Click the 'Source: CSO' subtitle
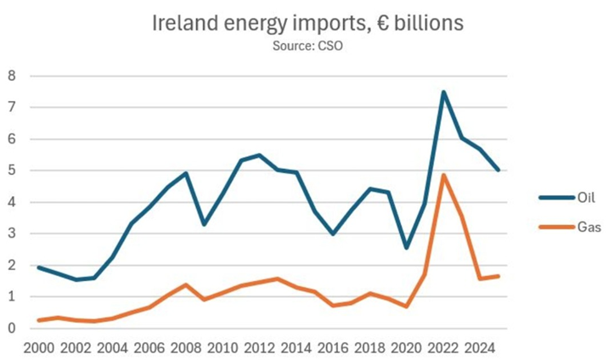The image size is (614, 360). click(x=307, y=46)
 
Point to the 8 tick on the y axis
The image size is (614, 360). click(x=12, y=76)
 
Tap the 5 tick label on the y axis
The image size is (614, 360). click(x=12, y=171)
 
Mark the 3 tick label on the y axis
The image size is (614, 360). click(x=12, y=233)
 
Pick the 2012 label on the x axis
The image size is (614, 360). click(x=258, y=347)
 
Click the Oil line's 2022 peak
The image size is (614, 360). click(x=442, y=92)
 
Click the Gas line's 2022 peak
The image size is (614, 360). click(x=442, y=175)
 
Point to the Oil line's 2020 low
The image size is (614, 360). click(x=406, y=247)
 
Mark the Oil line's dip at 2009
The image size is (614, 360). click(x=204, y=224)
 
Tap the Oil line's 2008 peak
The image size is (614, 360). click(x=186, y=173)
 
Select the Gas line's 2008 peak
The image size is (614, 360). click(x=186, y=284)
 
